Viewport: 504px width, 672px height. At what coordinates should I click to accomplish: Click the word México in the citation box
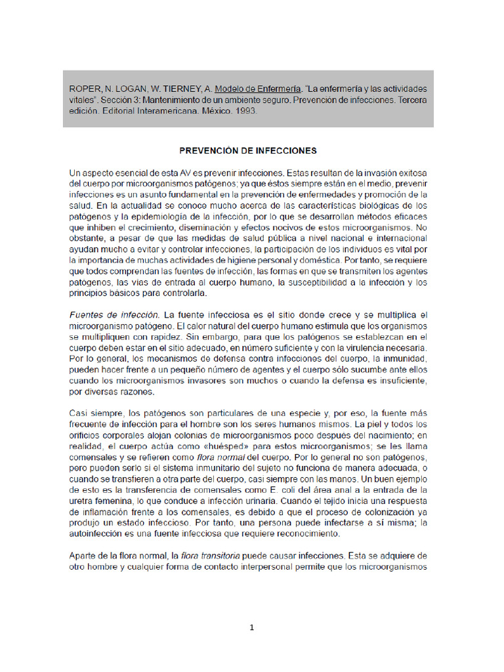(213, 111)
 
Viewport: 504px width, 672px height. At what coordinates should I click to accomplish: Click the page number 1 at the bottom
(251, 627)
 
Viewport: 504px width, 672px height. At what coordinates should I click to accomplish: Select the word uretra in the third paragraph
(83, 501)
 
